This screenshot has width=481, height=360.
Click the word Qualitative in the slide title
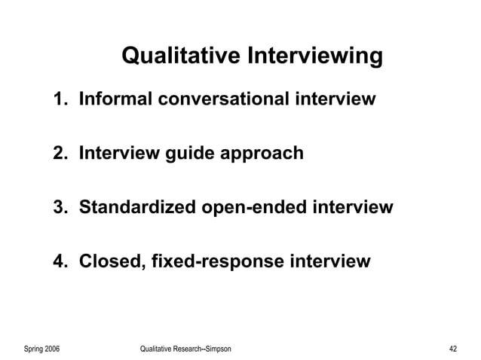(179, 56)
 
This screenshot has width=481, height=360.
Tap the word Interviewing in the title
(312, 56)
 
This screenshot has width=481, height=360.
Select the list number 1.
(59, 99)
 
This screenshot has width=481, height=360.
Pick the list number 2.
(59, 154)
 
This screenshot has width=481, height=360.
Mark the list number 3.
(59, 207)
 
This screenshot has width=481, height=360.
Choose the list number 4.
(59, 262)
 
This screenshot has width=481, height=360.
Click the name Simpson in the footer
(216, 349)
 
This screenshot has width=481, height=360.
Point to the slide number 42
(452, 349)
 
